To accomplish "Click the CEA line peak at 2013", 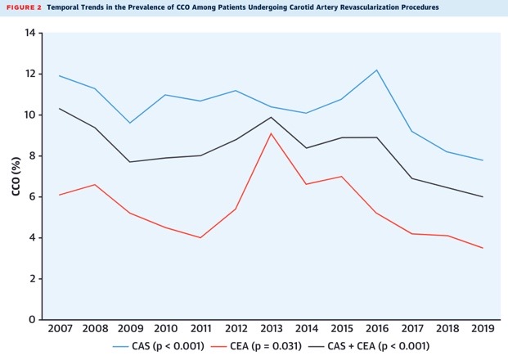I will [x=271, y=133].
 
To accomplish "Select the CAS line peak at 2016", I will [x=376, y=70].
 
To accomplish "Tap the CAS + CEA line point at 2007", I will [x=58, y=109].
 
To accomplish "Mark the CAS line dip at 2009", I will [x=129, y=123].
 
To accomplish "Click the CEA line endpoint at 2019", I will [x=483, y=248].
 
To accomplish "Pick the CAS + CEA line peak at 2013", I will [x=271, y=117].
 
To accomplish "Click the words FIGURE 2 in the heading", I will [x=23, y=7].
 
